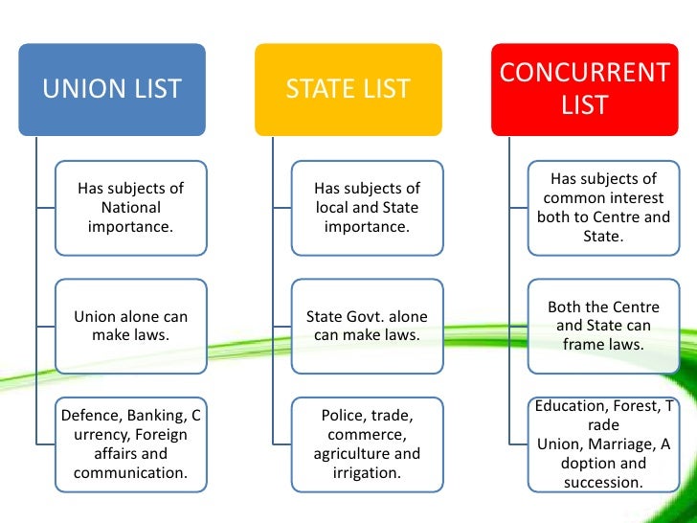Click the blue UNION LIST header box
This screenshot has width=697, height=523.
[x=112, y=89]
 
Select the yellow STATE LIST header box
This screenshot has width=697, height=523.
[x=348, y=89]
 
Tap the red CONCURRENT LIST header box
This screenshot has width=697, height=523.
[x=585, y=89]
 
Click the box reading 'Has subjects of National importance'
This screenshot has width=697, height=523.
[x=130, y=208]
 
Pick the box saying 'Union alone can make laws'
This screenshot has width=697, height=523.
[x=130, y=326]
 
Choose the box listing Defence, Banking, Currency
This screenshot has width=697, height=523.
[x=130, y=444]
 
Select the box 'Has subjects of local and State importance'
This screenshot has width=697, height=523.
[x=367, y=208]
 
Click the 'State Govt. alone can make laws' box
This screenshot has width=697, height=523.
[x=367, y=326]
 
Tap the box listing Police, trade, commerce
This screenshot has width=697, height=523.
[x=367, y=444]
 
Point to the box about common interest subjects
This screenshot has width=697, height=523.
[x=603, y=208]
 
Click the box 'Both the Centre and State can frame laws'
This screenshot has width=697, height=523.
[x=603, y=326]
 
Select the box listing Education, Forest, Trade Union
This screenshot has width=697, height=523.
[x=603, y=444]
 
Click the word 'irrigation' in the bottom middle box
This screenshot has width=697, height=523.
[x=367, y=473]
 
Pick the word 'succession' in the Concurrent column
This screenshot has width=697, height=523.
[x=603, y=482]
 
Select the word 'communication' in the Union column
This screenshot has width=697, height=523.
[x=129, y=473]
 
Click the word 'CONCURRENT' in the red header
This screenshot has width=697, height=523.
[x=585, y=73]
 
